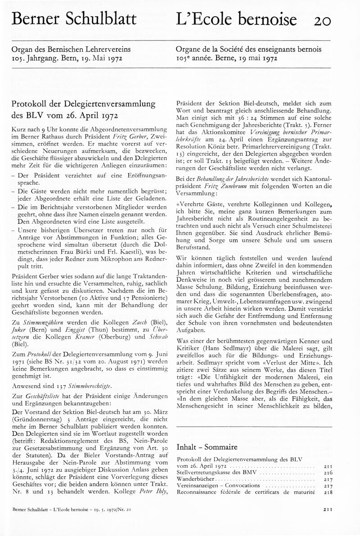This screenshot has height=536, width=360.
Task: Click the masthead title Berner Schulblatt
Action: click(x=74, y=19)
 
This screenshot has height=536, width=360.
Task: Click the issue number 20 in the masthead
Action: click(x=323, y=20)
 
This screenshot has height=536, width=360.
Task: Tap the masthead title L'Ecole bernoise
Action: click(x=237, y=19)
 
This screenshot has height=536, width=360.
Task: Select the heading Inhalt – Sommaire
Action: click(x=207, y=447)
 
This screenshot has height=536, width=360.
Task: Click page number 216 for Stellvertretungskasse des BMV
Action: click(x=327, y=473)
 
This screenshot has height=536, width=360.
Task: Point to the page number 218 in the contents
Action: click(x=327, y=492)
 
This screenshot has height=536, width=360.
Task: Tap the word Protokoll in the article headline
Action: click(x=29, y=103)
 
